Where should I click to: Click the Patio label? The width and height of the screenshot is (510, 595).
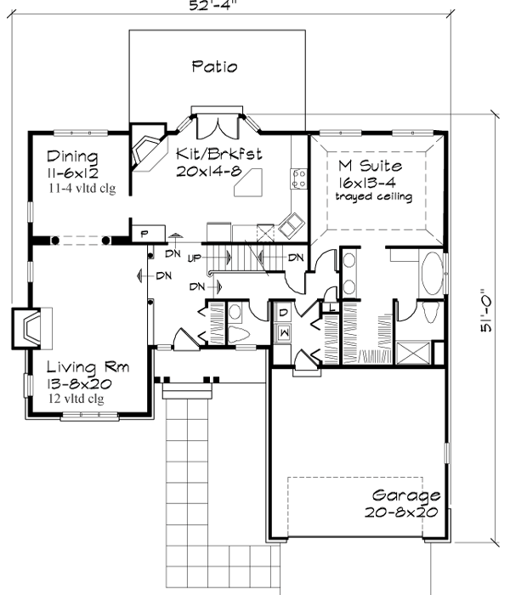[214, 66]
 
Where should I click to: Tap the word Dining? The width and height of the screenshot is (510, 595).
[72, 157]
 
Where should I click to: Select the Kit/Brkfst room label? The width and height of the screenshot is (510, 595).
[218, 155]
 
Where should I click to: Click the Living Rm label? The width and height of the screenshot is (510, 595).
[88, 368]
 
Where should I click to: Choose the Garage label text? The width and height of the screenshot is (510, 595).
[406, 496]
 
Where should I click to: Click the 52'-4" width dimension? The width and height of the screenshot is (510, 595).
[212, 5]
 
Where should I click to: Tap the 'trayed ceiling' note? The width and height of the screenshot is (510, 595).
[373, 197]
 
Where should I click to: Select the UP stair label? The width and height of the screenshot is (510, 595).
[194, 257]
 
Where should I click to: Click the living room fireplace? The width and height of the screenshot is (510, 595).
[31, 327]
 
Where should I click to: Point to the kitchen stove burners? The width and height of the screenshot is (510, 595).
[299, 177]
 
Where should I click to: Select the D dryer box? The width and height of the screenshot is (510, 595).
[283, 312]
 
